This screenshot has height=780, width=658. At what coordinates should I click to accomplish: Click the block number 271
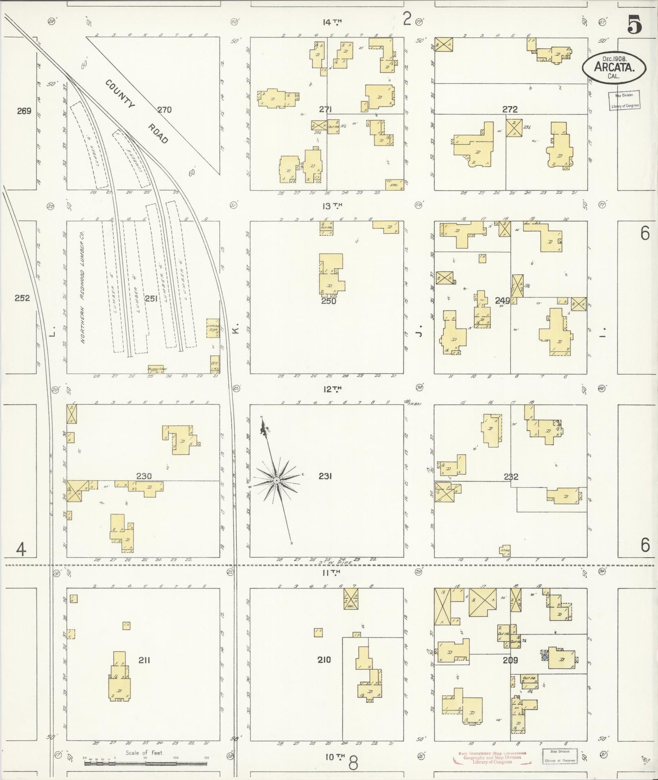pos(325,109)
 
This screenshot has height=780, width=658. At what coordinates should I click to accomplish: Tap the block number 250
pos(328,301)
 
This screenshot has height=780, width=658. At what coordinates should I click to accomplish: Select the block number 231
pos(325,476)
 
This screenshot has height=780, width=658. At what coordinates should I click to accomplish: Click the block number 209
pos(510,660)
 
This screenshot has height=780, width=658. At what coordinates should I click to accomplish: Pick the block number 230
pos(143,476)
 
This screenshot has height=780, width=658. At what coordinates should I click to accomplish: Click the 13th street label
pos(332,206)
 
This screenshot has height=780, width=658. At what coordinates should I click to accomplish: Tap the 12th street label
pos(332,389)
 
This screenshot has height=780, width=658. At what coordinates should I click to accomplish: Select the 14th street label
pos(332,22)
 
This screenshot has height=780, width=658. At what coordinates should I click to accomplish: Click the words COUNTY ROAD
pos(136,112)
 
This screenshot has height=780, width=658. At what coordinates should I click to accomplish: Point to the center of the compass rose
pos(276,481)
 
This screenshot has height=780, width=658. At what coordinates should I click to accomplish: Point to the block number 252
pos(22,298)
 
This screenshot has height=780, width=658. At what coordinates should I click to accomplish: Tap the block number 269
pos(24,111)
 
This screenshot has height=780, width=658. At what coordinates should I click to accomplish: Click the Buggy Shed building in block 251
pos(156,369)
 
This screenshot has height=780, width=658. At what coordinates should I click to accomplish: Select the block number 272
pos(510,109)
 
